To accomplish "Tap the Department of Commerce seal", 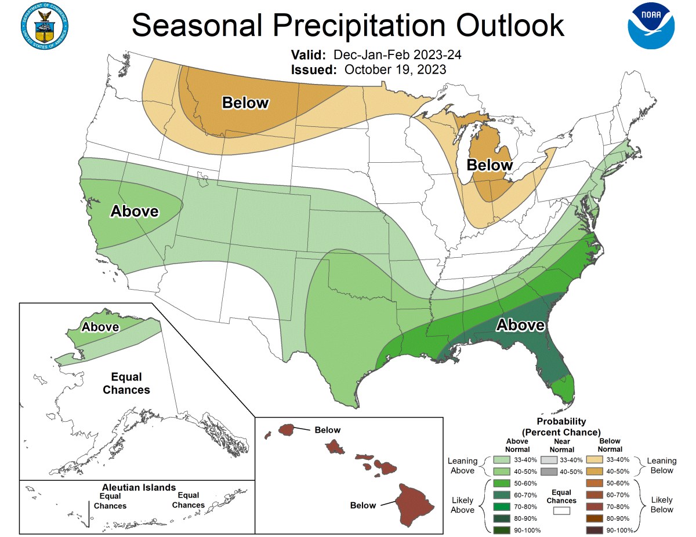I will [45, 27].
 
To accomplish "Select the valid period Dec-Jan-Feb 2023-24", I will [397, 55].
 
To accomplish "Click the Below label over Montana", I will [245, 103].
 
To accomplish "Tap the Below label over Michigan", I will [490, 165].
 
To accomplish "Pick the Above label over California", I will [135, 211].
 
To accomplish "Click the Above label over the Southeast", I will [520, 326].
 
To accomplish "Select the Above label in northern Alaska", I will [100, 327].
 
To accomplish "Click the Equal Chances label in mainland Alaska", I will [126, 383].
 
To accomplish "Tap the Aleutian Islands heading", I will [139, 487].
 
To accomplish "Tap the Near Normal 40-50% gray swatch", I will [547, 471].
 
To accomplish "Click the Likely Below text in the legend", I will [661, 505].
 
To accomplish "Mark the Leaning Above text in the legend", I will [462, 466].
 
